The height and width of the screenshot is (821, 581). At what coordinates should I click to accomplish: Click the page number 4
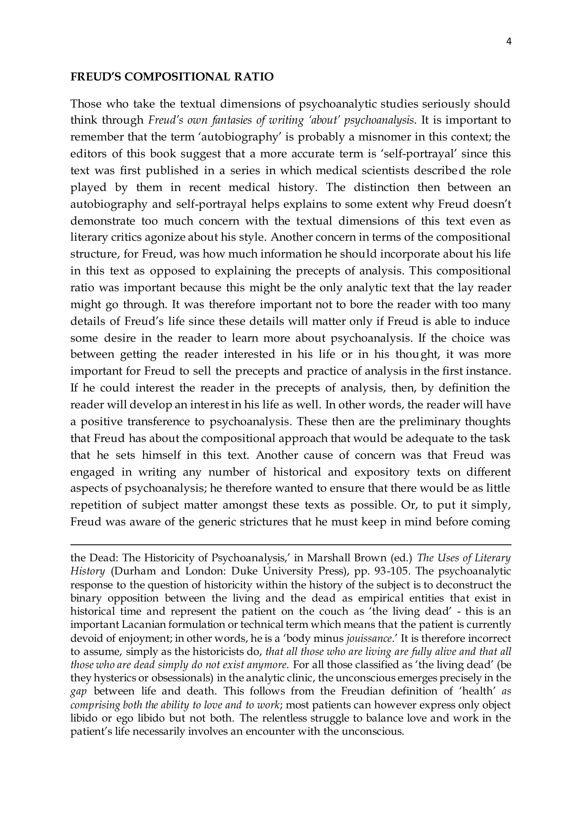[509, 42]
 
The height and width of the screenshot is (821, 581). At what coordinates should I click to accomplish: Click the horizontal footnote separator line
[290, 545]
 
